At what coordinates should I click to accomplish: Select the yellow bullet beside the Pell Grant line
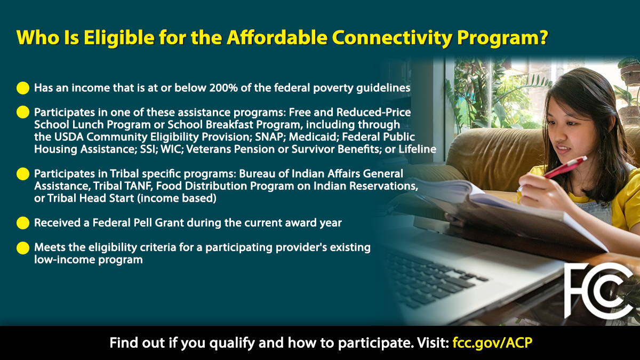(x=23, y=223)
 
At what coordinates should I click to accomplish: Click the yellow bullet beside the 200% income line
(x=23, y=88)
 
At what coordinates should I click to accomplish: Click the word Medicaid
(x=311, y=137)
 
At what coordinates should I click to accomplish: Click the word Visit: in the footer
(x=430, y=342)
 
